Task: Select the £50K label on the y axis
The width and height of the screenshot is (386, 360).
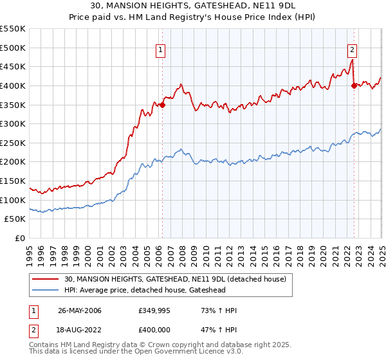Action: click(x=15, y=219)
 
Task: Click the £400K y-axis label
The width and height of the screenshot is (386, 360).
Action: click(x=13, y=85)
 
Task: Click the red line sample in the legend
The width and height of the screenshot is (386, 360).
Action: click(x=46, y=279)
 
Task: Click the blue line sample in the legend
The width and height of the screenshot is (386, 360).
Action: click(x=46, y=291)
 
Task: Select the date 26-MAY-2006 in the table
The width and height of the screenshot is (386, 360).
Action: click(x=79, y=310)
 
